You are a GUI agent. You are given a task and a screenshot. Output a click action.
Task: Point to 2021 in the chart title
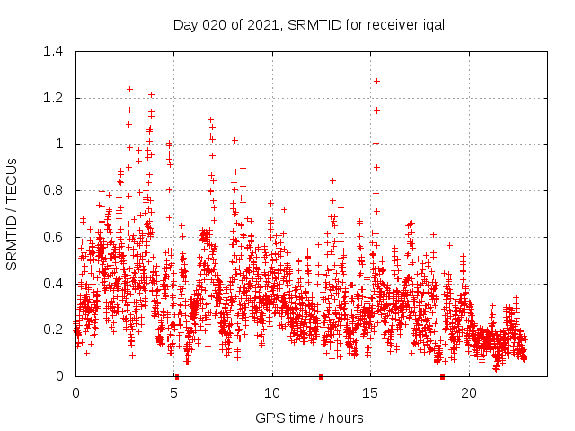pyautogui.click(x=261, y=25)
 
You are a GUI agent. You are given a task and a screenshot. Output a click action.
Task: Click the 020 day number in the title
pyautogui.click(x=212, y=25)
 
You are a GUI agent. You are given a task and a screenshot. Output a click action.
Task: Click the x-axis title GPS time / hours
pyautogui.click(x=309, y=418)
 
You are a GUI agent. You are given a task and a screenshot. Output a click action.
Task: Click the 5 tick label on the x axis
pyautogui.click(x=173, y=393)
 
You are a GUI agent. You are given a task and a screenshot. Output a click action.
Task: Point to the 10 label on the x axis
pyautogui.click(x=272, y=393)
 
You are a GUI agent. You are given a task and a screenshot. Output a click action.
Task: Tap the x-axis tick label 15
pyautogui.click(x=370, y=393)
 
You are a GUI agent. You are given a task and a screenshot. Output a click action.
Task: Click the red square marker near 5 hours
pyautogui.click(x=177, y=376)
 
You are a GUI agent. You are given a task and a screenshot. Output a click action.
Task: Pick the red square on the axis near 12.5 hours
pyautogui.click(x=322, y=376)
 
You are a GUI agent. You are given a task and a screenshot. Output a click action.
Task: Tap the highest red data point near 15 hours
pyautogui.click(x=377, y=81)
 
